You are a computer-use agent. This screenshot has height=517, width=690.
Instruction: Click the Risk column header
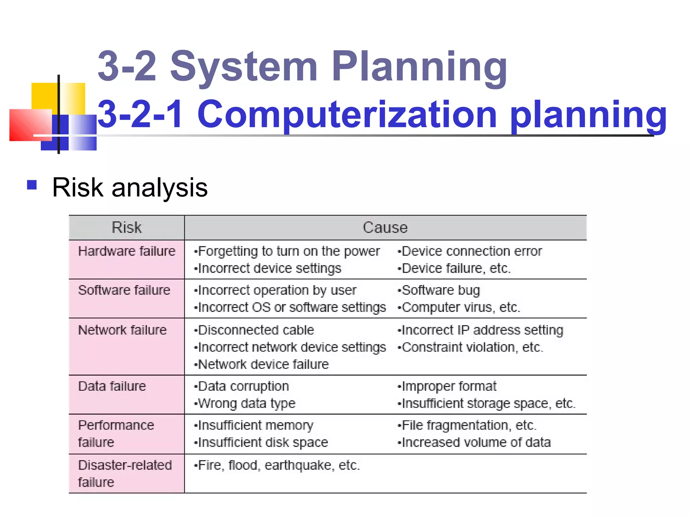[127, 228]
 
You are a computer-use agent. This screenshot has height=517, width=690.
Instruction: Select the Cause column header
[385, 228]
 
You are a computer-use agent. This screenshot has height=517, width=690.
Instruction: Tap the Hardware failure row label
[127, 251]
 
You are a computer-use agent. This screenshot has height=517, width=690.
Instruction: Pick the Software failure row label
[124, 290]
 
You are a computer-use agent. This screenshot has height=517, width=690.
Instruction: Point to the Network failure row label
[122, 330]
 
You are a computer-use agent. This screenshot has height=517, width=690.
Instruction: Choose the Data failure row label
[112, 386]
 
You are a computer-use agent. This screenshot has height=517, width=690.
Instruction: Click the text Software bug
[441, 290]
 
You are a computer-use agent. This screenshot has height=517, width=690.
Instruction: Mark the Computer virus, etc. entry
[461, 307]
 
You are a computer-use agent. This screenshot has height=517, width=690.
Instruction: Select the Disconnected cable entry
[256, 330]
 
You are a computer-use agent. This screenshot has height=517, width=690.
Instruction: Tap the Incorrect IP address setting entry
[482, 330]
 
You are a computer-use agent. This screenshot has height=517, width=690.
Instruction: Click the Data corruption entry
[243, 386]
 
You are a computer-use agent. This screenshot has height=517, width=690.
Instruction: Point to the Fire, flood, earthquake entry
[279, 465]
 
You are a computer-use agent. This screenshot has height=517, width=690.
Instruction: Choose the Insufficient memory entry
[255, 425]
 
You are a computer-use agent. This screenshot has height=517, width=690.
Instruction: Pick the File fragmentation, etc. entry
[469, 425]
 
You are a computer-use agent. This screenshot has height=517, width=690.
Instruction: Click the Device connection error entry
[472, 251]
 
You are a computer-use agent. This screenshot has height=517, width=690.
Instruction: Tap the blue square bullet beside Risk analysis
[32, 185]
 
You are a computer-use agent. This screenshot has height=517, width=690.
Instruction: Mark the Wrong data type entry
[247, 403]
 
